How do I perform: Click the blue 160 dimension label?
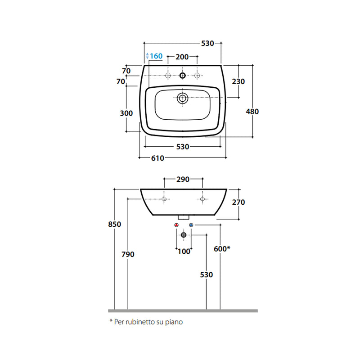point(156,56)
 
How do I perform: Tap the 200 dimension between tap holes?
point(182,57)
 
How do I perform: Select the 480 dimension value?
point(252,112)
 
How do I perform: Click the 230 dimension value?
point(238,81)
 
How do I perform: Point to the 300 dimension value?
point(126,113)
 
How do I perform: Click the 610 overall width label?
point(158,158)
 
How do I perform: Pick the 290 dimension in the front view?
point(183,179)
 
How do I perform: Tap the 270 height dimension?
point(238,202)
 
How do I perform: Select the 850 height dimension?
point(115,224)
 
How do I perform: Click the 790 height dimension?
point(128,254)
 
